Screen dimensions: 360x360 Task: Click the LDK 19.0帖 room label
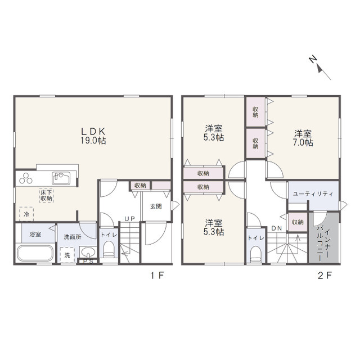coord(93,136)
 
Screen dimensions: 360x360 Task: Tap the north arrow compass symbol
coord(320,68)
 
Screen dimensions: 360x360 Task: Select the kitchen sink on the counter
coord(61,178)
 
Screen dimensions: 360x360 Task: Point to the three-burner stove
coord(26,178)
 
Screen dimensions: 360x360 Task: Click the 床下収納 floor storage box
coord(46,195)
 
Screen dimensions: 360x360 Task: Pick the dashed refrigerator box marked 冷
coord(26,214)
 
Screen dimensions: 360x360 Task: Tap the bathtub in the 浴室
coord(35,254)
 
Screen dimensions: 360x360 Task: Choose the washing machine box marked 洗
coord(67,255)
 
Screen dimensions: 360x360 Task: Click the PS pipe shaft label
coord(88,261)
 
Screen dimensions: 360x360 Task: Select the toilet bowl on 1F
coord(109,249)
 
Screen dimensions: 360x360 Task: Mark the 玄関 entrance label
coord(156,206)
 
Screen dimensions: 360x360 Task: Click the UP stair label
coord(130,219)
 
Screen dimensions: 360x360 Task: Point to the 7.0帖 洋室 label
coord(303,138)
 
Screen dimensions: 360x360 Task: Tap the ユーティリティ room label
coord(313,194)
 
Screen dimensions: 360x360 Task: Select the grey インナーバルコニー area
coord(324,237)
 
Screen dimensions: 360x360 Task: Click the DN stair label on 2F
coord(276,228)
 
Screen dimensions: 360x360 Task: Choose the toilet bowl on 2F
coord(255,255)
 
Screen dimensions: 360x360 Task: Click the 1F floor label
coord(157,275)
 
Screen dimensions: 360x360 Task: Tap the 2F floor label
coord(325,275)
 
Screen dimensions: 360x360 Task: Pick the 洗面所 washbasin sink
coord(88,252)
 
